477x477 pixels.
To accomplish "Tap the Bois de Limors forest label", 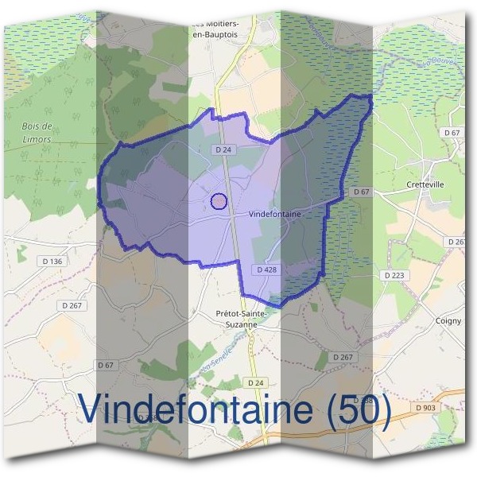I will [x=37, y=133].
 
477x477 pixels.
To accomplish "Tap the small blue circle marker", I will [x=219, y=201].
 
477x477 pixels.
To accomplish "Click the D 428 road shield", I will [x=268, y=270].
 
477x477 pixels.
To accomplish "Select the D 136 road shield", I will [x=51, y=261].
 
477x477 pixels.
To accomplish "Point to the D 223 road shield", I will [x=394, y=275].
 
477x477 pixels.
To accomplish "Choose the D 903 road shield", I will [x=426, y=408].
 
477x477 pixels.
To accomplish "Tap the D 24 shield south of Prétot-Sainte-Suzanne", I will [x=255, y=382].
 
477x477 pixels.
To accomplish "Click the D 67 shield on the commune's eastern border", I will [x=362, y=192].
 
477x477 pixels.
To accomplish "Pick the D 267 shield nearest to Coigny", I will [x=343, y=357].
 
